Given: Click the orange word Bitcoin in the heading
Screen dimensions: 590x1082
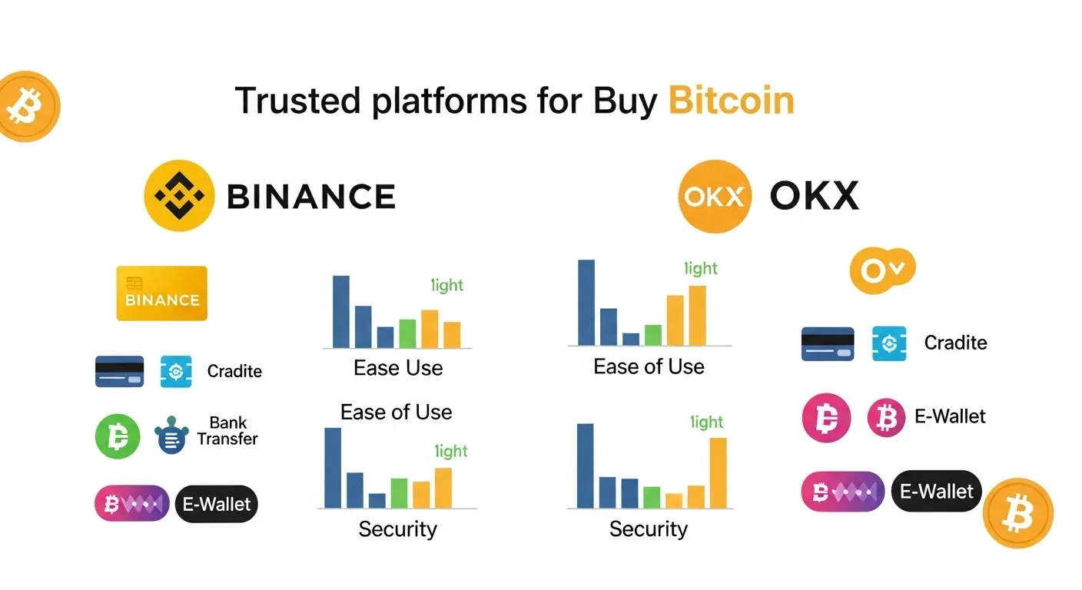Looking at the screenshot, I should coord(731,101).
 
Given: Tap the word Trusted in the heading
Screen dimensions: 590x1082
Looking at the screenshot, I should coord(297,101).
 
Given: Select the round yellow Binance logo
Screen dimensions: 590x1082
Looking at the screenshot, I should coord(179,196).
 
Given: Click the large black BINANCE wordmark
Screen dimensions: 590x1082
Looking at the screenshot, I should coord(311,197).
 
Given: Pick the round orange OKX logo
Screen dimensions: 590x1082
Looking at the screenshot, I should coord(714,196).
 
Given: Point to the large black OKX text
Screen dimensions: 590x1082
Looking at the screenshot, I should coord(814,197).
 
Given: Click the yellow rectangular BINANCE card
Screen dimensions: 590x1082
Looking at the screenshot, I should coord(161,293).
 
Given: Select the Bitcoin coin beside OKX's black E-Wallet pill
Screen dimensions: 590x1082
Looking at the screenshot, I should coord(1017,512).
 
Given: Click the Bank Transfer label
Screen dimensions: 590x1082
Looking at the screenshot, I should coord(227,431).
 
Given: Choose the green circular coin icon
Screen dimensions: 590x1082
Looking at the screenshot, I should coord(118,436).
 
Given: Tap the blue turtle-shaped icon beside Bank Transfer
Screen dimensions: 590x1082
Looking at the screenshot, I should coord(170,436).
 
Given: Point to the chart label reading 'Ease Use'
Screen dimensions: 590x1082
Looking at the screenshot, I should coord(398,368).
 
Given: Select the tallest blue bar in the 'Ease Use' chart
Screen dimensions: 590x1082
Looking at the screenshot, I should coord(340,311).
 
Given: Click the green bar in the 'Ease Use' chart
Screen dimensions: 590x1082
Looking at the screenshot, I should coord(407,333).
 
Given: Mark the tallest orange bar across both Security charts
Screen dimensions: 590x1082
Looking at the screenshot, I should coord(718,472).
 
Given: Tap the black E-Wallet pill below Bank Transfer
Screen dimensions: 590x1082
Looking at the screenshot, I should coord(216,504).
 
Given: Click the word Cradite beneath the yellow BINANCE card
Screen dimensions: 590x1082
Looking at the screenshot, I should coord(234,371).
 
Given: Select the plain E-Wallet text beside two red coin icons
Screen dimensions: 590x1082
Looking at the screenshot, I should coord(950,416).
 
